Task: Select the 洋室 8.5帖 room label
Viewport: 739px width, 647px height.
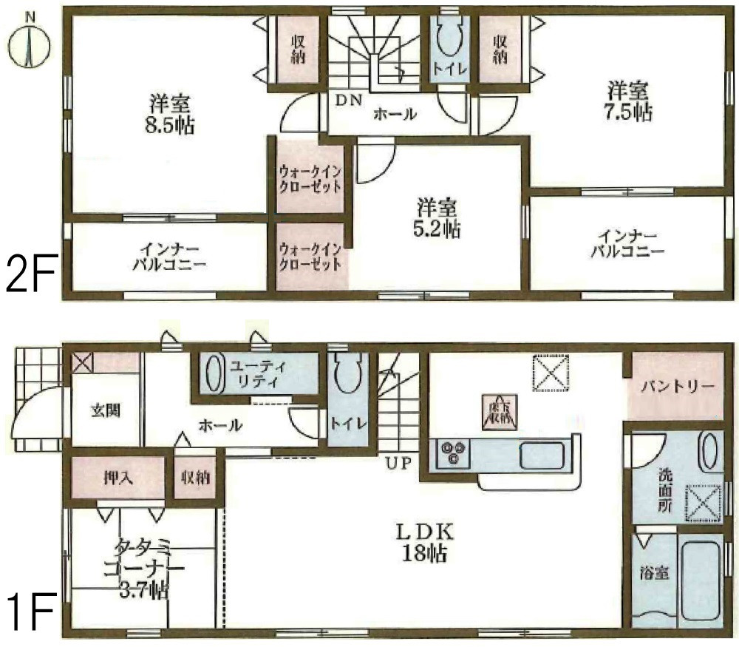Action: (169, 113)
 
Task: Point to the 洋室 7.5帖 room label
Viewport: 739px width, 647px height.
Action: (629, 102)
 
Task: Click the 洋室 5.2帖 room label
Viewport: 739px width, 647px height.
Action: (438, 218)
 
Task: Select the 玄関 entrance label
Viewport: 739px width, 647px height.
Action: (105, 411)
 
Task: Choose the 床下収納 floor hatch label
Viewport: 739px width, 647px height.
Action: (498, 410)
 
